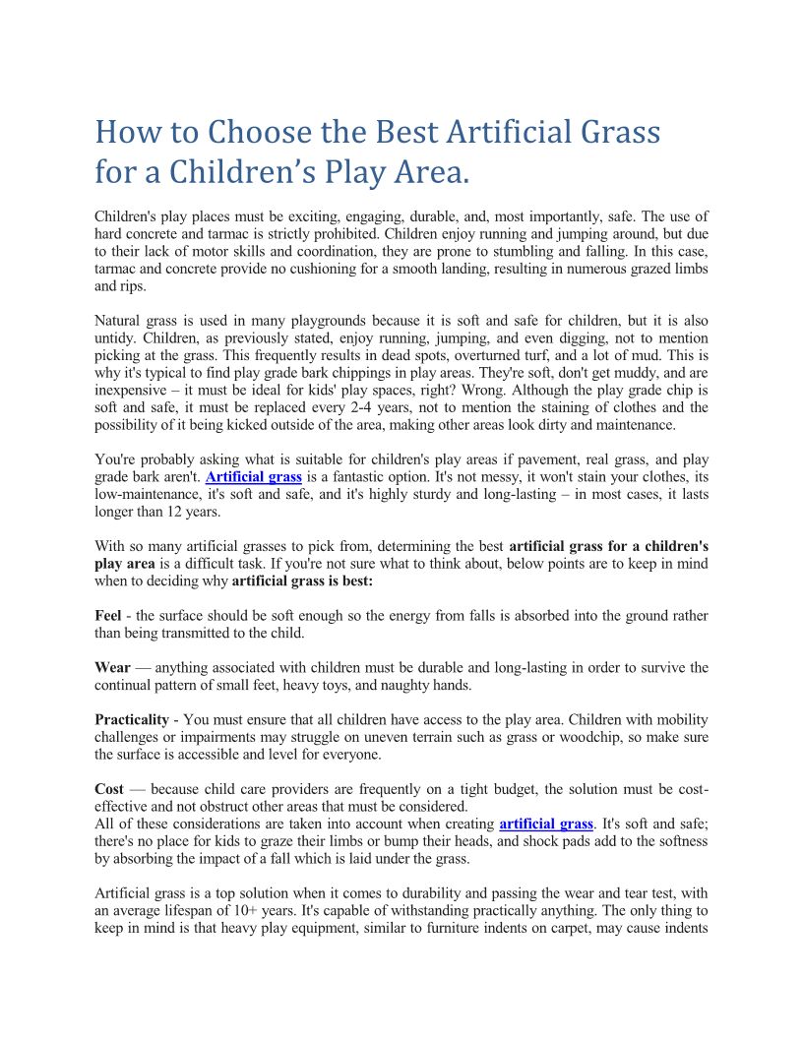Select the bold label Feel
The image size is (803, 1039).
click(x=107, y=616)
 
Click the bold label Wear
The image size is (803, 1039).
click(x=112, y=668)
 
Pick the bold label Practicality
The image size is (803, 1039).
click(x=135, y=720)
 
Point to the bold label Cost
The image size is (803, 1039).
click(x=109, y=789)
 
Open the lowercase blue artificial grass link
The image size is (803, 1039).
click(x=546, y=824)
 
